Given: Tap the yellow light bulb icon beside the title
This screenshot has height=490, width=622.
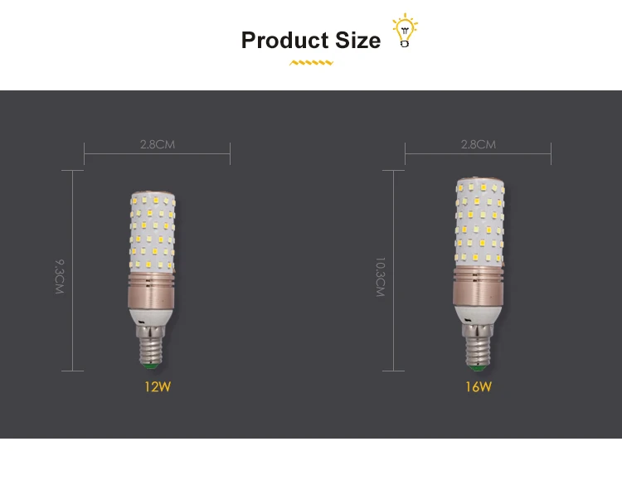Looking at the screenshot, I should pyautogui.click(x=405, y=30).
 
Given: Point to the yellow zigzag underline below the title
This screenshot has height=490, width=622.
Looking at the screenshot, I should pyautogui.click(x=311, y=62).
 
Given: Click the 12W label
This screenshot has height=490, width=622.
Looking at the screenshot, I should pyautogui.click(x=157, y=386).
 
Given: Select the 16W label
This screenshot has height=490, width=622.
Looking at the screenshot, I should pyautogui.click(x=479, y=386).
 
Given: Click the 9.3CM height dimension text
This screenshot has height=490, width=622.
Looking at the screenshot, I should pyautogui.click(x=59, y=277).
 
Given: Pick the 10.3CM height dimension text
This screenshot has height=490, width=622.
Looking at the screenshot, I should pyautogui.click(x=381, y=277).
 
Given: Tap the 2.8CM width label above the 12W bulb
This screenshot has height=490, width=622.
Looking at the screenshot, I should pyautogui.click(x=157, y=144).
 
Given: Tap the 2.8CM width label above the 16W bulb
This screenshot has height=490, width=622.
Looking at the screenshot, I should pyautogui.click(x=479, y=144).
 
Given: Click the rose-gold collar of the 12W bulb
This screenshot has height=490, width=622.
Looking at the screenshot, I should pyautogui.click(x=153, y=289).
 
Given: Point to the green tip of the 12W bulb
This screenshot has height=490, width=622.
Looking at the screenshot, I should pyautogui.click(x=151, y=365).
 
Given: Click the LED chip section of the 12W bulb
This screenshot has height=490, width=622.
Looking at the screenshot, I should pyautogui.click(x=153, y=232).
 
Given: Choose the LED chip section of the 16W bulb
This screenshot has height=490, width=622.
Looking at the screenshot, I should pyautogui.click(x=479, y=224).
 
